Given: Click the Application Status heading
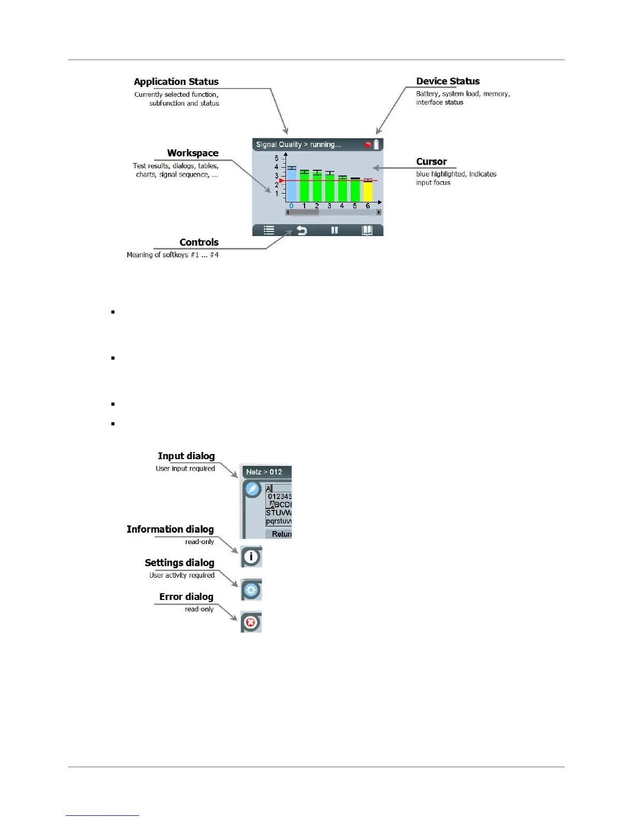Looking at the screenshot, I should coord(176,82).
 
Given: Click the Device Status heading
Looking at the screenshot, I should coord(448,81).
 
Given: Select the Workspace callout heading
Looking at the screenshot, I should coord(192,153).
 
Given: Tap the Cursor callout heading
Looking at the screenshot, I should coord(431,162).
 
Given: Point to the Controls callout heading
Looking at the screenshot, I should coord(199,242).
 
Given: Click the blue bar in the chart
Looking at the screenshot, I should coord(292,185).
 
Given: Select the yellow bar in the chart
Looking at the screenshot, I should coord(368,191).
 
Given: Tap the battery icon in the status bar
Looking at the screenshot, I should coord(376,144).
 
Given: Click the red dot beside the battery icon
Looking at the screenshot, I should coord(368,145).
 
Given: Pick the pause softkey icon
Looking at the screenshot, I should coord(335,230).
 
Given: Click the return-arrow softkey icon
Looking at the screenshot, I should coord(301,230).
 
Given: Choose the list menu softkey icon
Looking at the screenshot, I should coord(269,230).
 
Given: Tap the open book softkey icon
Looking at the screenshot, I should coord(367,230).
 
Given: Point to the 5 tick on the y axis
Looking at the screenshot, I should coord(277,158).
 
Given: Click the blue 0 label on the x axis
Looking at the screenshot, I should coord(291,206).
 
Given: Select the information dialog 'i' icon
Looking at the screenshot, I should coord(251,557).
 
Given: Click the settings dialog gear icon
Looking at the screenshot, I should coord(251,590).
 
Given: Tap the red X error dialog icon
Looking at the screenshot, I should coord(251,622).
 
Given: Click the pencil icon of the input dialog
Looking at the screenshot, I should coord(252,489).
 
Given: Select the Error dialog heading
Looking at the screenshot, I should coord(186,597).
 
